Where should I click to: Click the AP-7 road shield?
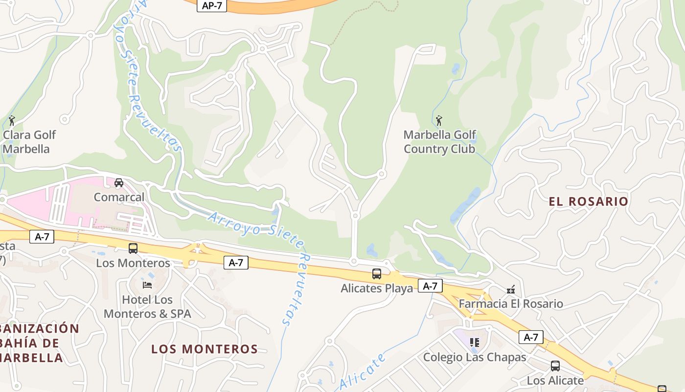212,6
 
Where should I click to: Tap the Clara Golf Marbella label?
29,142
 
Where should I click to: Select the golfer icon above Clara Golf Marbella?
12,120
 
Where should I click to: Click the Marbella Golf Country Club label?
439,142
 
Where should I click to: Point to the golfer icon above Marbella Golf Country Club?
439,120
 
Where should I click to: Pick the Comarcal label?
119,197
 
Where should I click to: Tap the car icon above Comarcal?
118,183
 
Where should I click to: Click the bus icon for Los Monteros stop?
133,248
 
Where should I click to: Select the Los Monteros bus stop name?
133,263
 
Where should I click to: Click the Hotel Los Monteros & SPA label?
147,306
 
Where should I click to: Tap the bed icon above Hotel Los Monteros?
147,285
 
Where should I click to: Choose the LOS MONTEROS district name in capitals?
205,349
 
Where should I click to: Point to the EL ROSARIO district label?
588,201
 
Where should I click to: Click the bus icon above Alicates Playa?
377,274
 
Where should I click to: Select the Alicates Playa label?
377,288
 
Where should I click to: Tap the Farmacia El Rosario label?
511,304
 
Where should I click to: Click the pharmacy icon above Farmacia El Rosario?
511,289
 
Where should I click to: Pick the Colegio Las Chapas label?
475,357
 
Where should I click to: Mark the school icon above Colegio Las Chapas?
474,342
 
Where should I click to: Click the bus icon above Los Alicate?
555,366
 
